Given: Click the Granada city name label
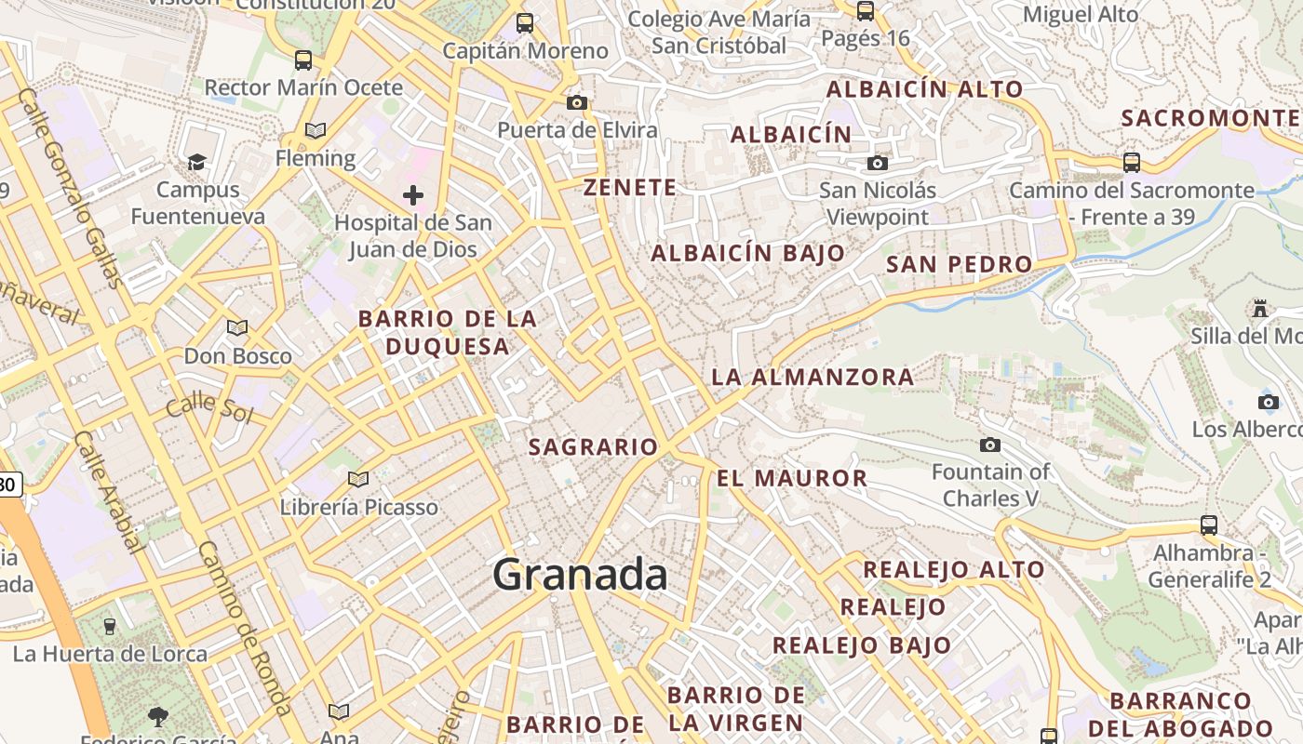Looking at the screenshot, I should pos(580,574).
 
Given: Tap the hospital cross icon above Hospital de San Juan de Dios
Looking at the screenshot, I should pos(413,195).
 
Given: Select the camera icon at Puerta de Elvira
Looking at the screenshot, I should pos(577,102).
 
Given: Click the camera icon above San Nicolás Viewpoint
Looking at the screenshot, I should pos(877,164).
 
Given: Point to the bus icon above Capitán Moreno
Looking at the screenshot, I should pos(525,23).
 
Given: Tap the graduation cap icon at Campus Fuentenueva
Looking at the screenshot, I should pos(196,163).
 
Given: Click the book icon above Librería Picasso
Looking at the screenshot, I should pos(358,480).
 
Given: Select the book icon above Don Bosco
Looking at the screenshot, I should pos(237,327).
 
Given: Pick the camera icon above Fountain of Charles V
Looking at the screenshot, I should pos(990,445).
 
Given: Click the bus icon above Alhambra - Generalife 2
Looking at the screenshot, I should pos(1209,525).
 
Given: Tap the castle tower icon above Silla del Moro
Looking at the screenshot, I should pos(1261,308).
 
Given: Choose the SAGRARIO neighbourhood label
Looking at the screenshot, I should pos(594,447).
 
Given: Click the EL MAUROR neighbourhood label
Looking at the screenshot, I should pos(792,479).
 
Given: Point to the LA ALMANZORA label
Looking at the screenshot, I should pos(813,378).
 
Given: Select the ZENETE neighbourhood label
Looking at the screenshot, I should pos(630,188).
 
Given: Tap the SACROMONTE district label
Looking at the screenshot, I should pos(1210,118).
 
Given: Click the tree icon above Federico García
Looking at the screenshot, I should pos(157,716).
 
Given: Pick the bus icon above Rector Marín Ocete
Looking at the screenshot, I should pos(303,60).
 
